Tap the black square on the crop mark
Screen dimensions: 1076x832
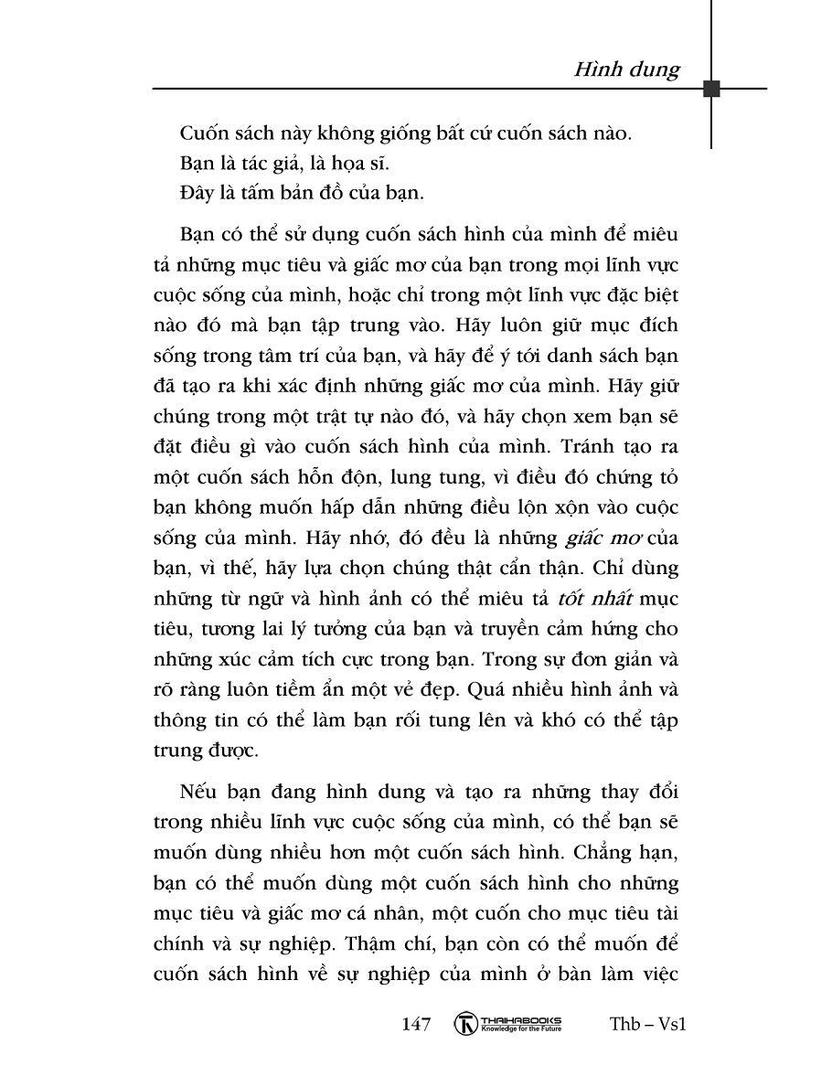[711, 89]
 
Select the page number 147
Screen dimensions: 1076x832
[416, 1024]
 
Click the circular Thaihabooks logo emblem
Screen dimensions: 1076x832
[466, 1024]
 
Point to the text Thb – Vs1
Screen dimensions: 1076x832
[647, 1024]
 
